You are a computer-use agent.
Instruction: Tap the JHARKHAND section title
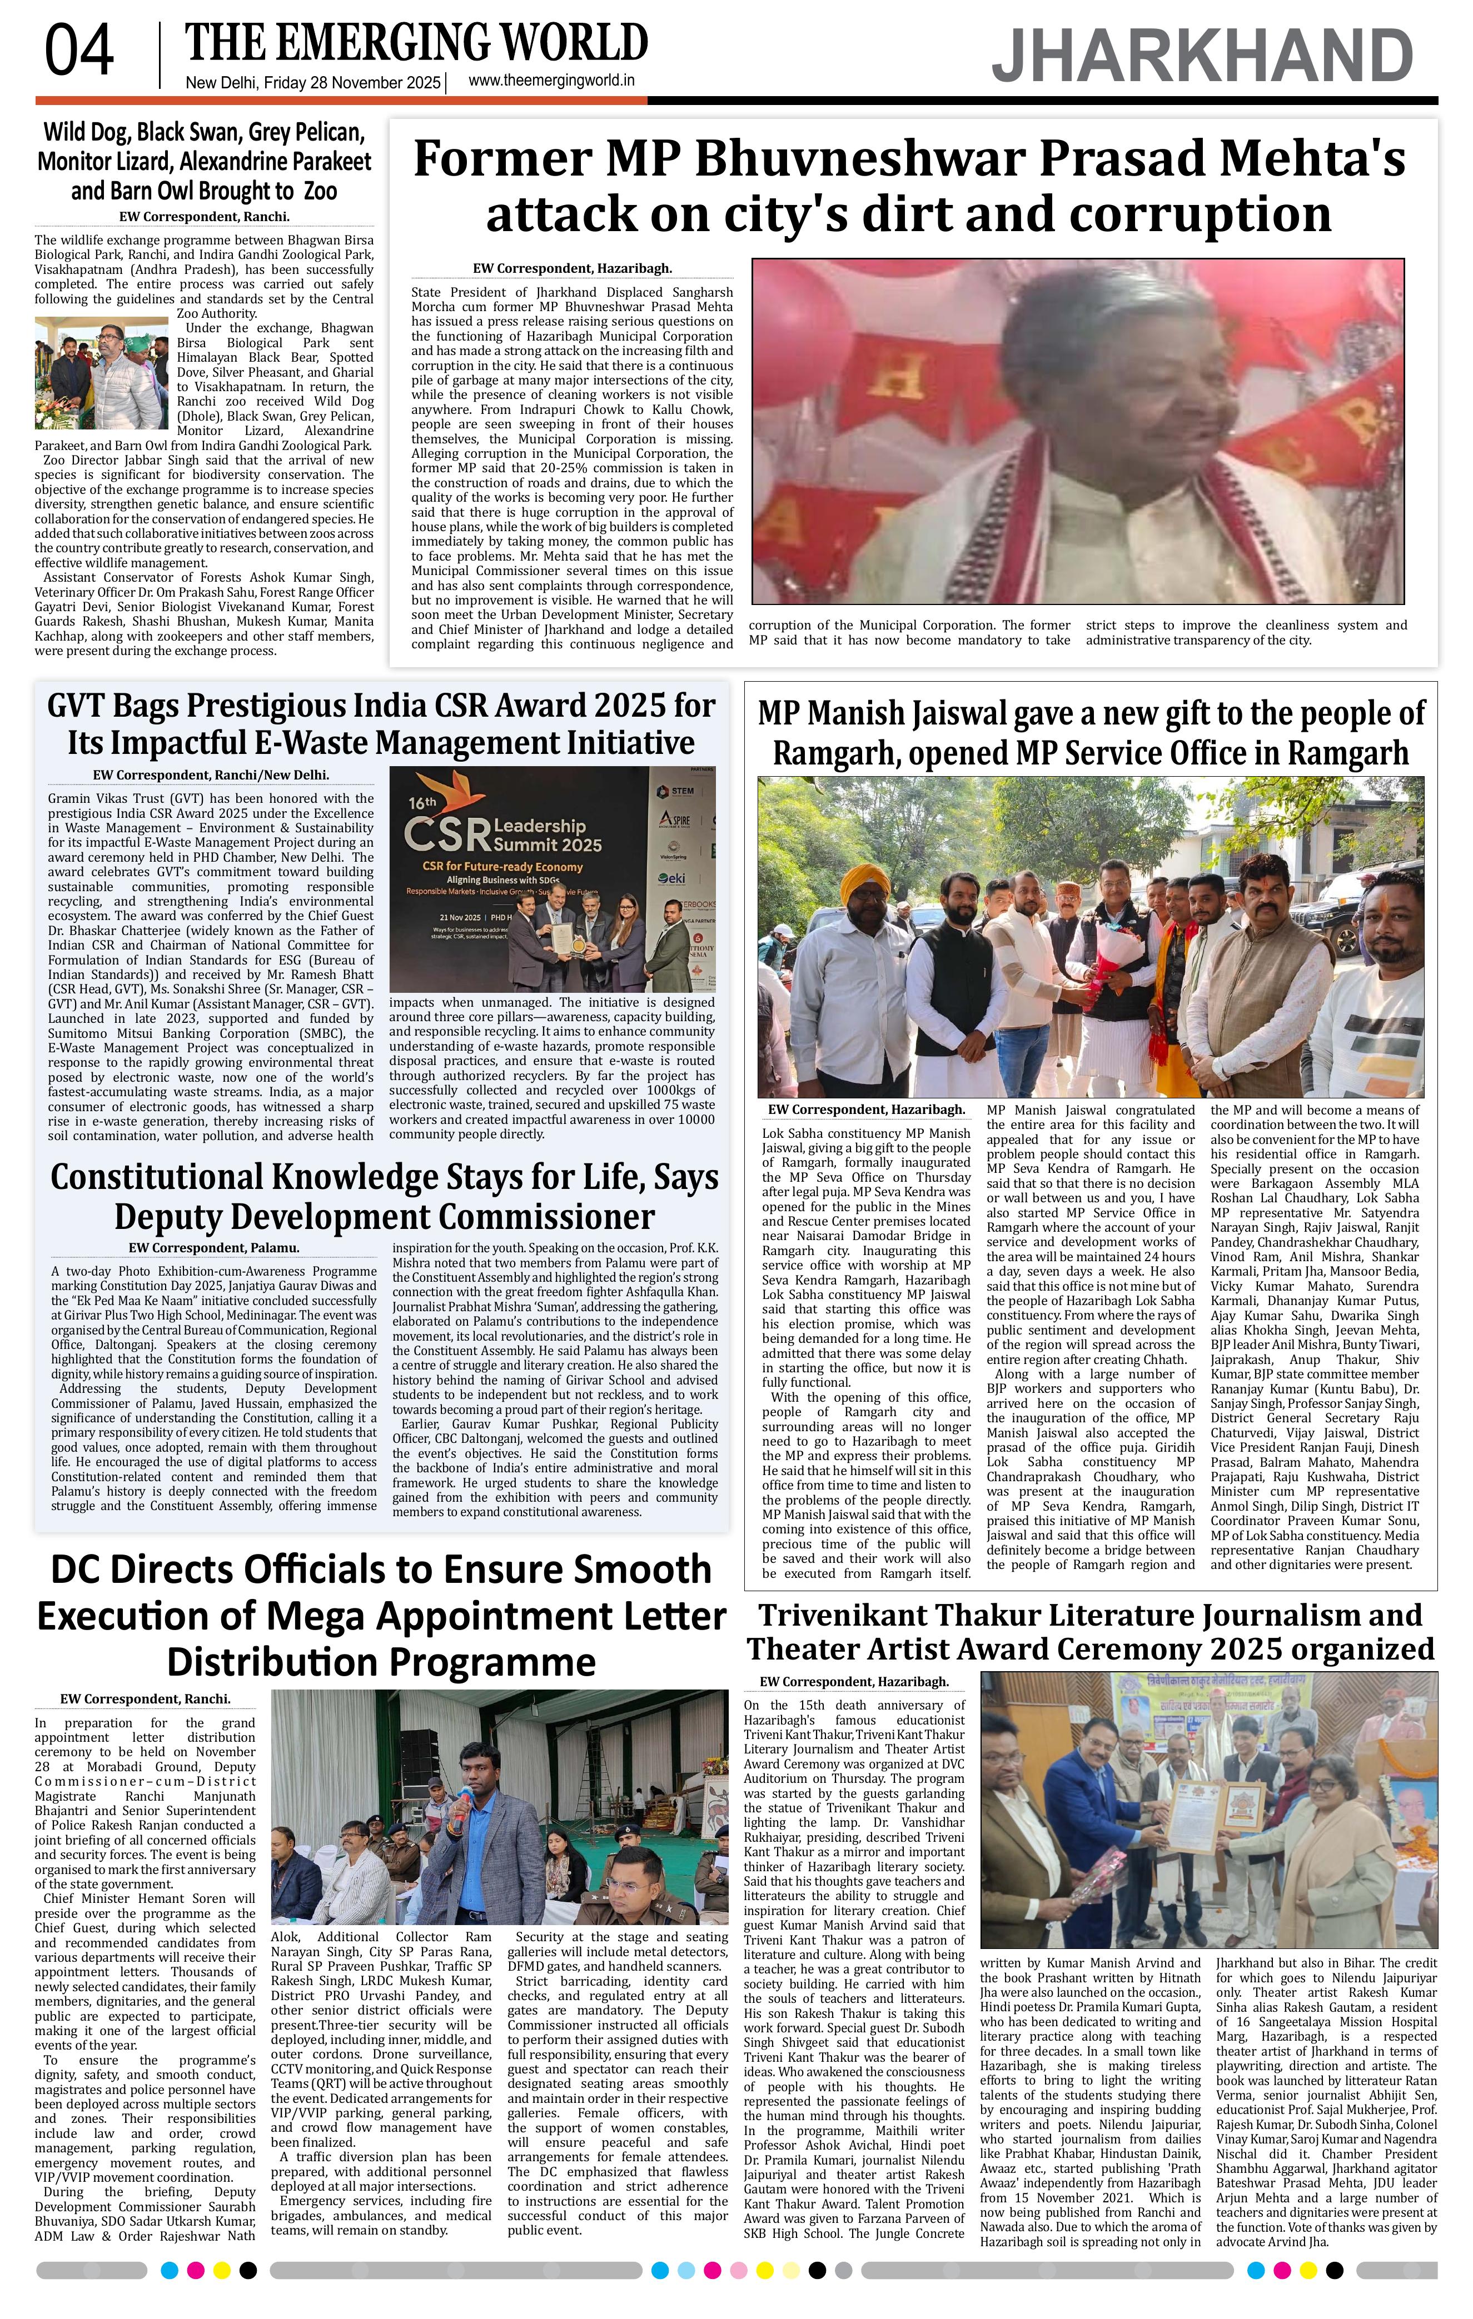pyautogui.click(x=1202, y=56)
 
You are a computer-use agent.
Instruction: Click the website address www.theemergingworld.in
pyautogui.click(x=551, y=82)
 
